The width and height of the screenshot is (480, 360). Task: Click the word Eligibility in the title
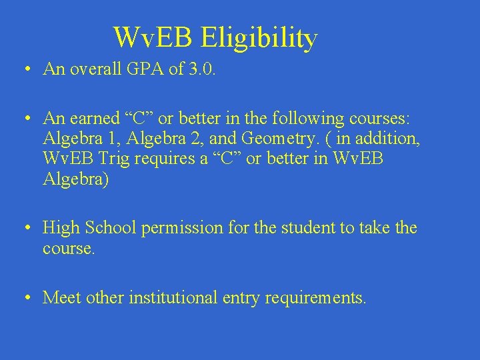259,38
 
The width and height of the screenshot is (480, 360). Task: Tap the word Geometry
277,139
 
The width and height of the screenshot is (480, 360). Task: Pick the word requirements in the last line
315,298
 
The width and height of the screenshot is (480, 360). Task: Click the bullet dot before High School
25,229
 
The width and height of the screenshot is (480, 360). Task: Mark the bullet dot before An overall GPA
25,69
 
